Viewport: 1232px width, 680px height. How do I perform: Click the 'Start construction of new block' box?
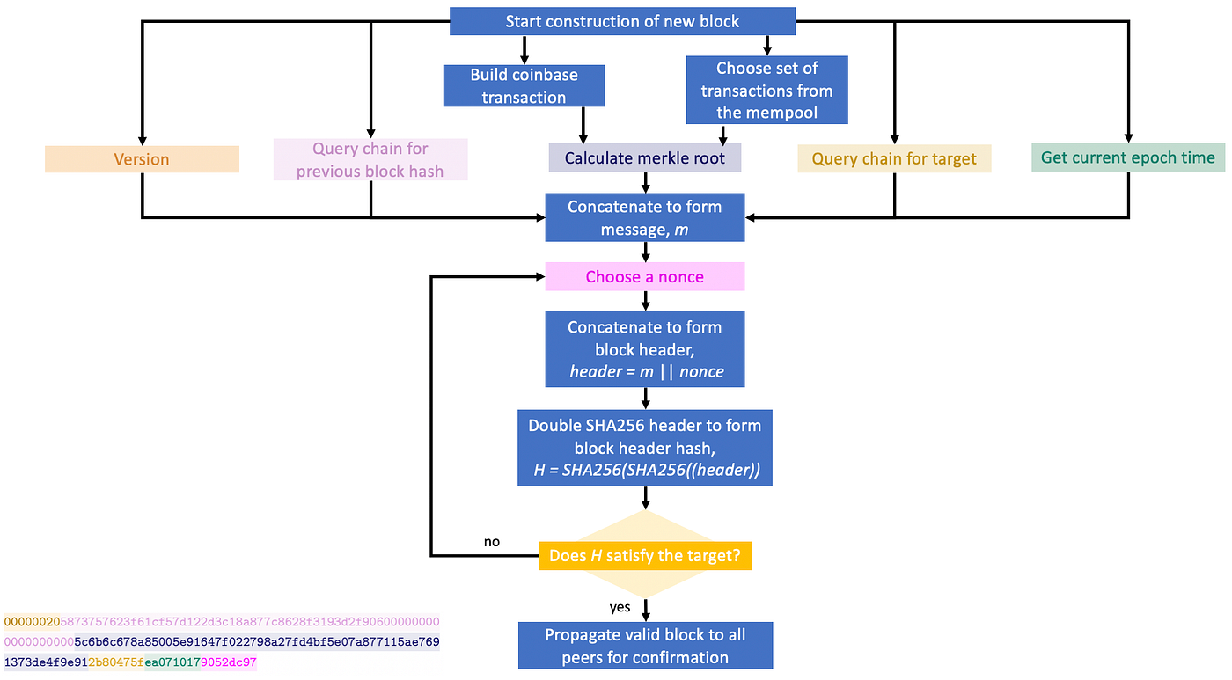click(622, 21)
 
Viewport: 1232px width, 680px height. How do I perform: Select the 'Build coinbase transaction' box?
click(524, 86)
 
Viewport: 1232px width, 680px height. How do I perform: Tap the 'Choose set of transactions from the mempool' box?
click(766, 90)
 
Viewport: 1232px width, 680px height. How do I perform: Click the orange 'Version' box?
click(142, 159)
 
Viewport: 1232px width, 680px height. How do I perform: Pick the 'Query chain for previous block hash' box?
click(370, 159)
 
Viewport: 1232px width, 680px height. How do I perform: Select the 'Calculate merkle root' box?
click(645, 158)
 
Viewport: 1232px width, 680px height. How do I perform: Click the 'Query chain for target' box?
click(894, 158)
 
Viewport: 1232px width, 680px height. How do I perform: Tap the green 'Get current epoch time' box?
click(1127, 157)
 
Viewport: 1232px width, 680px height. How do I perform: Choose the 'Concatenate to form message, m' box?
click(645, 218)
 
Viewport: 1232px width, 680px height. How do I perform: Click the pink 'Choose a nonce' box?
click(645, 277)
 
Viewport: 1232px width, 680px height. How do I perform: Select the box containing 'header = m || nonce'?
click(645, 349)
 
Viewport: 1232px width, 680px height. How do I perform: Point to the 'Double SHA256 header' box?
click(645, 448)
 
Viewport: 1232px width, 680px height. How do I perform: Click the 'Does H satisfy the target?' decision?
click(645, 556)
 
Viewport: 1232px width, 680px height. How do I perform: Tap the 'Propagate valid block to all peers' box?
click(645, 646)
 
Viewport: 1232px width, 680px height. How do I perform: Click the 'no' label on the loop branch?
click(492, 542)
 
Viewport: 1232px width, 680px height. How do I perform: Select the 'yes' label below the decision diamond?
click(620, 607)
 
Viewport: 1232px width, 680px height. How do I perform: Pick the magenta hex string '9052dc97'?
click(229, 662)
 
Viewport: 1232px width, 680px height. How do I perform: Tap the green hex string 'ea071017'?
click(172, 662)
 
